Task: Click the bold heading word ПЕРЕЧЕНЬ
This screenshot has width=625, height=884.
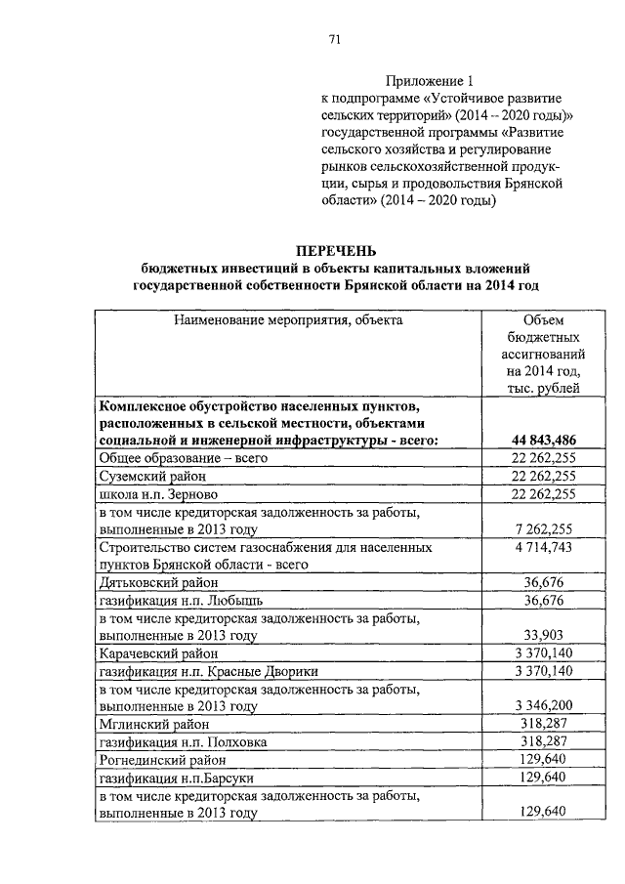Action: (335, 251)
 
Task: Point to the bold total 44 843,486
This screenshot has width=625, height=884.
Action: (544, 440)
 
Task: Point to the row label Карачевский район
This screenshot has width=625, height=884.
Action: (159, 652)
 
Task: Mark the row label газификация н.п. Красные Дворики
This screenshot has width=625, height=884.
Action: (209, 670)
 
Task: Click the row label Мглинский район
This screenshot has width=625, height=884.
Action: (151, 724)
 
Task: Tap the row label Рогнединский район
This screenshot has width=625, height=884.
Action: (161, 759)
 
